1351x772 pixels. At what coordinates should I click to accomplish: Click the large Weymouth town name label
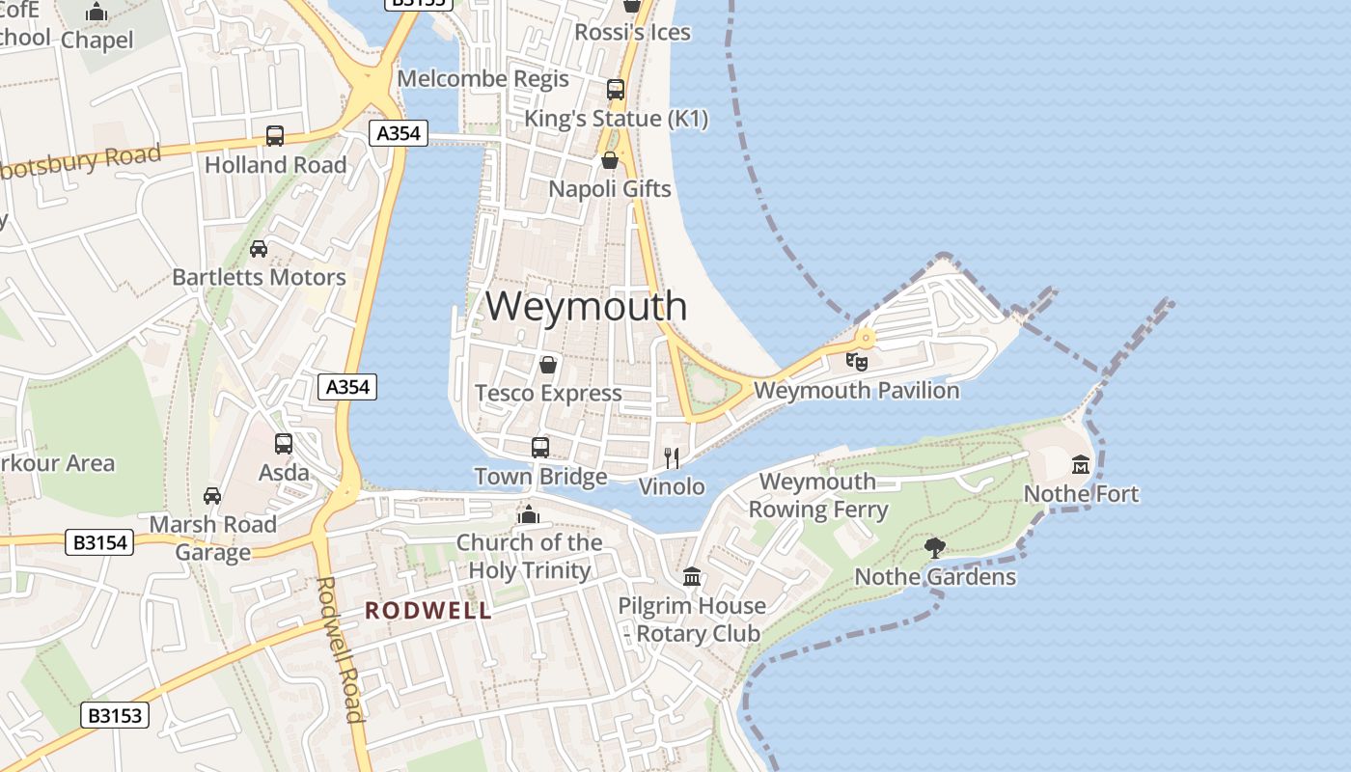point(586,306)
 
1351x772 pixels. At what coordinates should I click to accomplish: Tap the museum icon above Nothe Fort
point(1081,465)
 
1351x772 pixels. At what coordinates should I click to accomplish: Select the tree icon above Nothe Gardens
point(934,548)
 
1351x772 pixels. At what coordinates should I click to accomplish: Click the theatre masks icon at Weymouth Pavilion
point(856,362)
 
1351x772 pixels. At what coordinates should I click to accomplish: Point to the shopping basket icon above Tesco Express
point(548,365)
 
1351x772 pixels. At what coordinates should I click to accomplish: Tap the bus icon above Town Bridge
point(540,448)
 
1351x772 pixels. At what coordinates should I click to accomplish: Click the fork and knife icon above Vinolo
point(672,458)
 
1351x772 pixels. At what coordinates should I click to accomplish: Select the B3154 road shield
point(100,542)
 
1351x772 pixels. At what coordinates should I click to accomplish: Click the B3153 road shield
point(115,715)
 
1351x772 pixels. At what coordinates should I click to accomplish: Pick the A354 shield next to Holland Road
point(399,133)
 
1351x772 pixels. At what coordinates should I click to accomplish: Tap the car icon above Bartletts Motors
point(259,249)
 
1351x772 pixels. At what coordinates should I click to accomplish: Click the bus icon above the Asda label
point(284,444)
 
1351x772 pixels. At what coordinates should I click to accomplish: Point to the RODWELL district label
point(428,611)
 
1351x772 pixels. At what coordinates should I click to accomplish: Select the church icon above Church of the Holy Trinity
point(529,514)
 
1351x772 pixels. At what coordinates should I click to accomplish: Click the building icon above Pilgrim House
point(692,577)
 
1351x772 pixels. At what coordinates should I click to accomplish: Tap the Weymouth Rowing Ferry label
point(818,495)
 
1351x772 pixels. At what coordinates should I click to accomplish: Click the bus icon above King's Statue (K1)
point(616,90)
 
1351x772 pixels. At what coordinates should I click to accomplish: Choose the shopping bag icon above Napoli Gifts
point(610,160)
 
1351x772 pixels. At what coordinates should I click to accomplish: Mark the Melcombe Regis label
point(483,78)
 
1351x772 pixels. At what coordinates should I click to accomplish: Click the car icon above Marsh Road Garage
point(212,496)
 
